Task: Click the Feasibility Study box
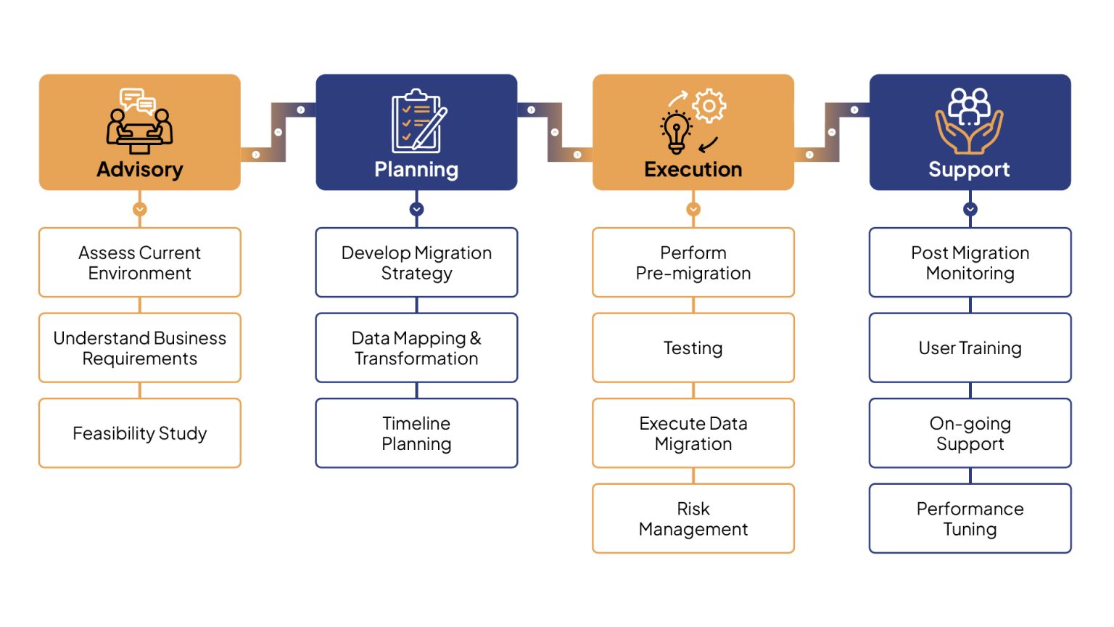[140, 433]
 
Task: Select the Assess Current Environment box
[140, 263]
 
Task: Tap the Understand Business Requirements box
[140, 348]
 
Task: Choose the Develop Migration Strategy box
[416, 263]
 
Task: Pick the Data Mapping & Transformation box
[416, 348]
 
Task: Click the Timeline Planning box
[416, 433]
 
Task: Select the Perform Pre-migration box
[693, 263]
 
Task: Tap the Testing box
[693, 348]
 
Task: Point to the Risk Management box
[693, 519]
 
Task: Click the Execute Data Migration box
[693, 433]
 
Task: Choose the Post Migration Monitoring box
[970, 263]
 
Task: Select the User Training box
[970, 348]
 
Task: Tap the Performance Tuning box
[970, 519]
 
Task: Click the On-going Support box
[970, 433]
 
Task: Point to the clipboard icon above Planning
[418, 120]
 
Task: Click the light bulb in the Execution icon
[676, 132]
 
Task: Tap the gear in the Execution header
[709, 107]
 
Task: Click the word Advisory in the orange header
[140, 170]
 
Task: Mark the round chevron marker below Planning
[416, 209]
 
